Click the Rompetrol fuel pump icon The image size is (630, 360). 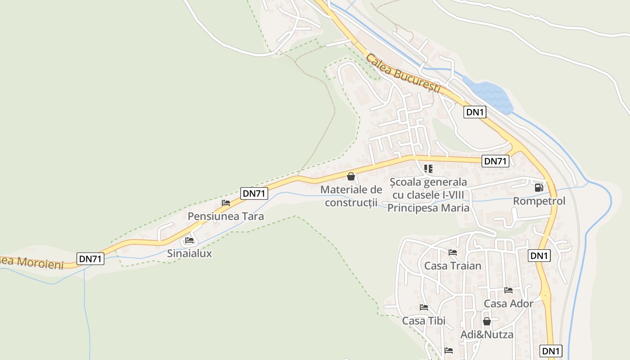pyautogui.click(x=539, y=188)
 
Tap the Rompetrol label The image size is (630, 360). pyautogui.click(x=539, y=201)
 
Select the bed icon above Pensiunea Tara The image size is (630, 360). pyautogui.click(x=226, y=203)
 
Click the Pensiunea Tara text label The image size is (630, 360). pyautogui.click(x=225, y=216)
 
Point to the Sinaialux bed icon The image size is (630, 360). pyautogui.click(x=189, y=240)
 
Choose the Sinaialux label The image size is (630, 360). pyautogui.click(x=189, y=253)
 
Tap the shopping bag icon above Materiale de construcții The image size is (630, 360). pyautogui.click(x=351, y=176)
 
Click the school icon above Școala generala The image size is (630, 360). pyautogui.click(x=428, y=169)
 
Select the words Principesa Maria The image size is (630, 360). pyautogui.click(x=428, y=208)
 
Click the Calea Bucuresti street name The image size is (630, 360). pyautogui.click(x=403, y=73)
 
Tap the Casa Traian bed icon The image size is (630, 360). pyautogui.click(x=453, y=252)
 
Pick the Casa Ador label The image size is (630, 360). pyautogui.click(x=508, y=303)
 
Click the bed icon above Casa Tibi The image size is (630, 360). pyautogui.click(x=424, y=308)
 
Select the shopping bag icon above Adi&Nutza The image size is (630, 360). pyautogui.click(x=486, y=321)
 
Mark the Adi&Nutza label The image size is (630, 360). pyautogui.click(x=486, y=334)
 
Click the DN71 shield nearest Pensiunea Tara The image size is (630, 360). pyautogui.click(x=254, y=193)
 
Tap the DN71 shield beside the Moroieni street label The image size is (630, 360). pyautogui.click(x=91, y=259)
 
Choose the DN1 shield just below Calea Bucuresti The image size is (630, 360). pyautogui.click(x=475, y=112)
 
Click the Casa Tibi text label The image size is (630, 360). pyautogui.click(x=423, y=320)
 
